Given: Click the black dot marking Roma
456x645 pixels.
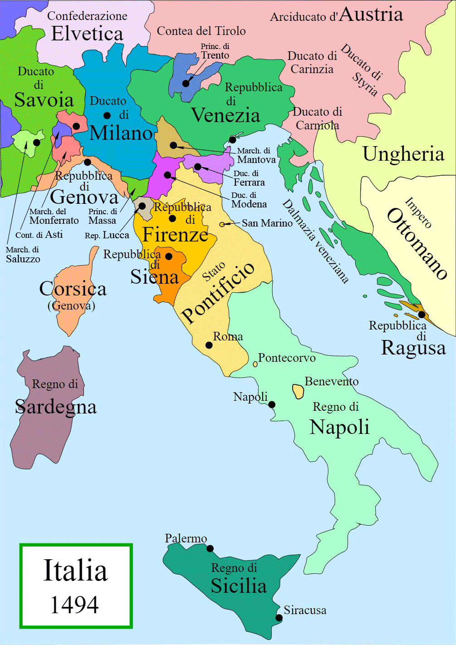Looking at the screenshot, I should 209,345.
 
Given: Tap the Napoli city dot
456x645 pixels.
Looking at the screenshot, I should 272,404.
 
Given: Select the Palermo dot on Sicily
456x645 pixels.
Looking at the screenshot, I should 210,548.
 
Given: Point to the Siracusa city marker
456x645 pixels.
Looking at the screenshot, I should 279,618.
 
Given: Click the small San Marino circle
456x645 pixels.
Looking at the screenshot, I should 222,224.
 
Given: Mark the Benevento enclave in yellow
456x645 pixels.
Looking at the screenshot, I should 298,391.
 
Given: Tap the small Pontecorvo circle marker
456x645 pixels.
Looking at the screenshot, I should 255,364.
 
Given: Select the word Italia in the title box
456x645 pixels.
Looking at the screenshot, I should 75,571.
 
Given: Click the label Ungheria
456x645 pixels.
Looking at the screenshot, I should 403,154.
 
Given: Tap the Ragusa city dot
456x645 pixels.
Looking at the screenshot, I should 422,315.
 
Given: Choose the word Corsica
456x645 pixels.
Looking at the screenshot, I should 73,289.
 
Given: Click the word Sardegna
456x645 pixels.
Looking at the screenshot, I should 56,407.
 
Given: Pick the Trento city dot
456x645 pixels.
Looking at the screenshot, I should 186,84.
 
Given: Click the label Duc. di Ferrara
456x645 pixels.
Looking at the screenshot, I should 249,178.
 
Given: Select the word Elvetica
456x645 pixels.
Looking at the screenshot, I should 87,34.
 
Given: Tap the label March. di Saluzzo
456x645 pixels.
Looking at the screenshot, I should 23,255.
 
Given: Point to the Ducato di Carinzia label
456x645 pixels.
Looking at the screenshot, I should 312,63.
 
